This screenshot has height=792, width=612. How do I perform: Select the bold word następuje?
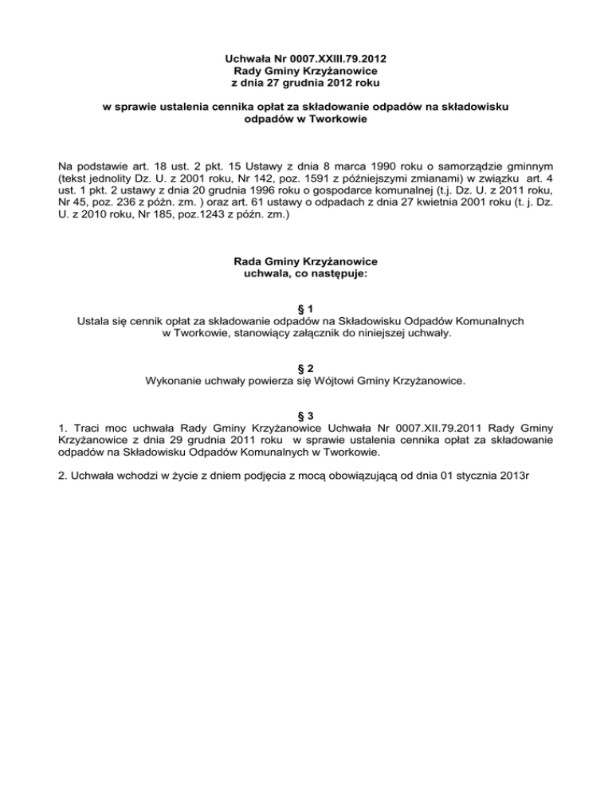pos(334,273)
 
